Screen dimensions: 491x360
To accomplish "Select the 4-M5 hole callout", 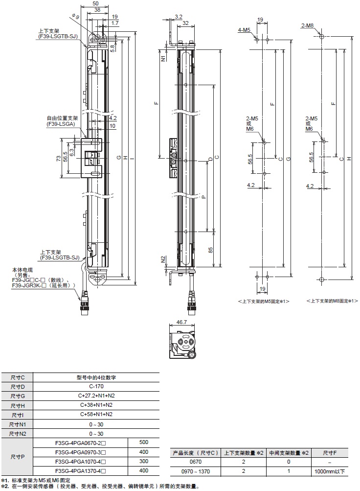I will click(x=245, y=30).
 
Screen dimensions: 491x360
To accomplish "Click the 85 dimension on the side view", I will click(x=210, y=250).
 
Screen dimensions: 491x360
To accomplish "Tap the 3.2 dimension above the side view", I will click(x=178, y=16).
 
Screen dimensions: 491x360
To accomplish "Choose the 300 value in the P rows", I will click(x=143, y=461).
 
